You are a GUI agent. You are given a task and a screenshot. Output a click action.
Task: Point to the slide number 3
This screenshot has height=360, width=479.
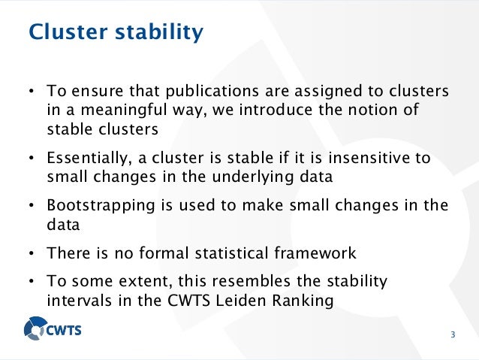453,334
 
